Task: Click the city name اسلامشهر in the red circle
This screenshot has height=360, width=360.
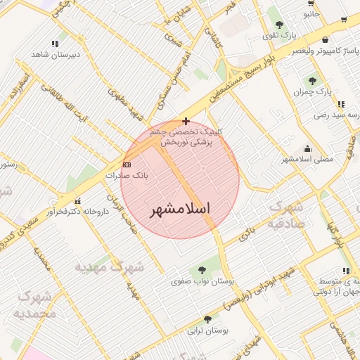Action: pos(181,210)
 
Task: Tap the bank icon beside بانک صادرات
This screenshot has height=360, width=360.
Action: pos(127,164)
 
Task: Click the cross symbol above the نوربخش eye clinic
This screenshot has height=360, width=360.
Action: pos(185,121)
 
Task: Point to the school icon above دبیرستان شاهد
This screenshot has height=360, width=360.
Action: pos(56,44)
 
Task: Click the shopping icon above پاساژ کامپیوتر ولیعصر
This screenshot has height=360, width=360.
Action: pos(324,40)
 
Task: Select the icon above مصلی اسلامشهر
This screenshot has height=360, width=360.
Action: pos(307,149)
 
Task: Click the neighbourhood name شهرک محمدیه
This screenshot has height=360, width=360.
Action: pos(34,304)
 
